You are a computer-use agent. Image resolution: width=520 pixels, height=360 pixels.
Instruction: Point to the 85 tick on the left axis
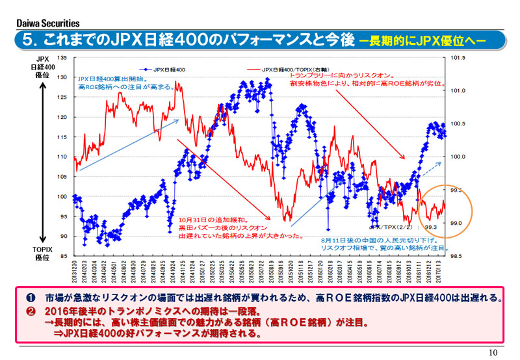pos(64,256)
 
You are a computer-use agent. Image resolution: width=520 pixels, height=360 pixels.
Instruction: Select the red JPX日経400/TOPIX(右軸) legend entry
pos(280,68)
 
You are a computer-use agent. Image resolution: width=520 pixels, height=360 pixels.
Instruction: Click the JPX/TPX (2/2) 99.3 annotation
pos(403,227)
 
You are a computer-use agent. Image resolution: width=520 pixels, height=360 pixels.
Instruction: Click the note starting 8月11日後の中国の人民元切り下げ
pos(377,244)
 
